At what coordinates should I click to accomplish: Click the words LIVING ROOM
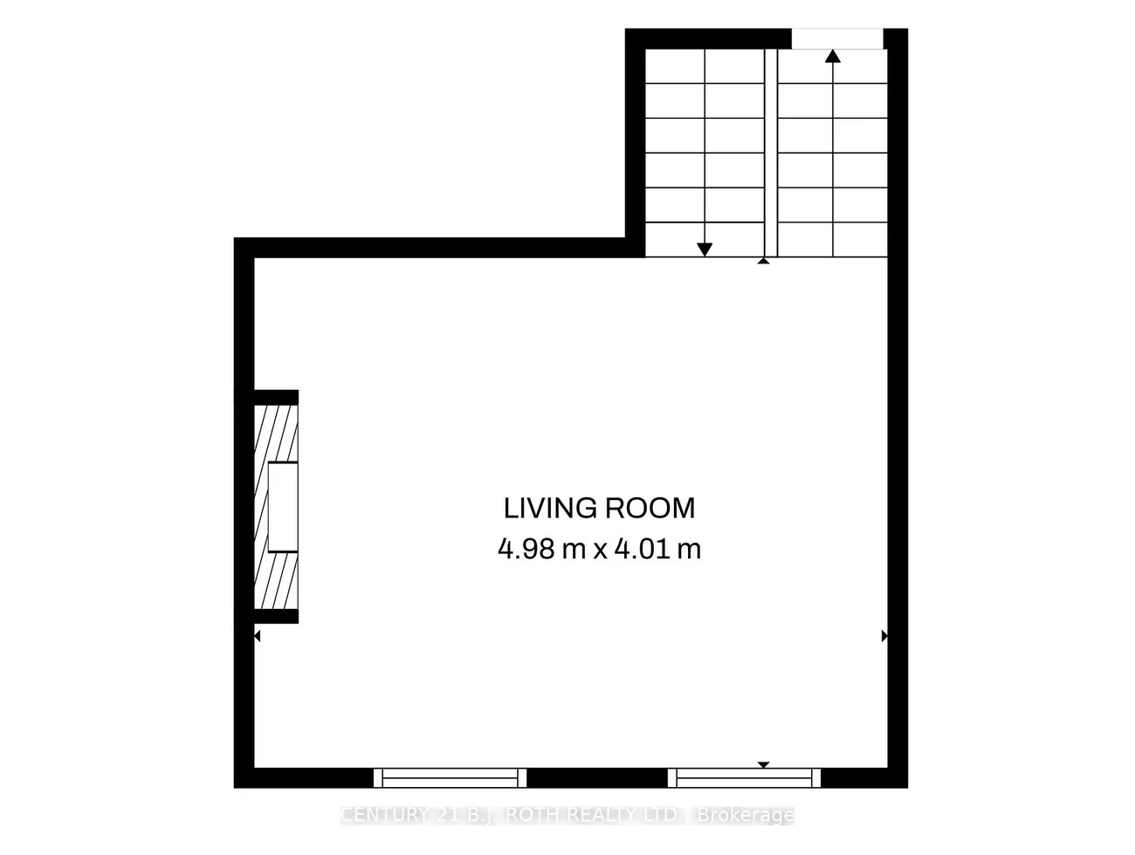[599, 509]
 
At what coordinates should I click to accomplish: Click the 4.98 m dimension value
[541, 549]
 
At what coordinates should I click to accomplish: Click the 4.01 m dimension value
[657, 549]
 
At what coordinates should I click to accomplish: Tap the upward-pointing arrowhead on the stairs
[833, 56]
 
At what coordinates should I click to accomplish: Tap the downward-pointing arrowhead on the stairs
[705, 250]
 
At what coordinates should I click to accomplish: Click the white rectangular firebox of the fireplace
[283, 507]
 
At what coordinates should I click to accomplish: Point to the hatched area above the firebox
[276, 434]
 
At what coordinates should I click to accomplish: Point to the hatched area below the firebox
[276, 580]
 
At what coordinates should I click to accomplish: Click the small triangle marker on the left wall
[257, 636]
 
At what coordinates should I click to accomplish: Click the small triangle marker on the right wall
[884, 636]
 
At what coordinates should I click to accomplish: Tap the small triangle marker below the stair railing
[764, 261]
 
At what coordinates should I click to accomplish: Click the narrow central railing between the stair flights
[771, 153]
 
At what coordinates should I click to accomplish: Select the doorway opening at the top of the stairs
[837, 38]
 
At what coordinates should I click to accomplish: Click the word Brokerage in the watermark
[746, 815]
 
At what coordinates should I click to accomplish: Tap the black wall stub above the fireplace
[276, 397]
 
